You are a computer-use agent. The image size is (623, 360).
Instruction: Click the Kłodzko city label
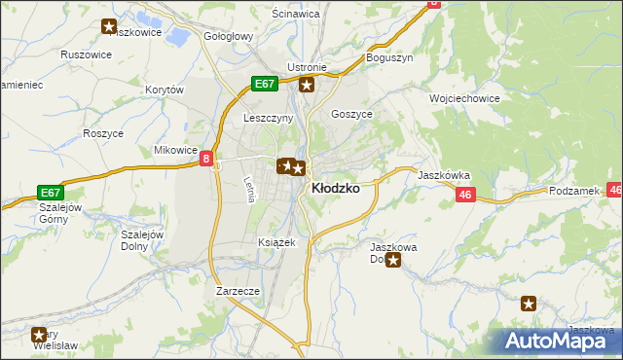335,189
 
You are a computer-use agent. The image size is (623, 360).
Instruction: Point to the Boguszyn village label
389,57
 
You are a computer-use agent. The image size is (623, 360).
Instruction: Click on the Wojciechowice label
464,98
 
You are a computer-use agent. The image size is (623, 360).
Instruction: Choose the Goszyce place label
352,114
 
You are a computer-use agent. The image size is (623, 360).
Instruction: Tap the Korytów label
165,90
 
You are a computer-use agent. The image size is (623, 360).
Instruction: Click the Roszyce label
102,133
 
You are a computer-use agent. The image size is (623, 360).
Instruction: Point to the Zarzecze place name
238,291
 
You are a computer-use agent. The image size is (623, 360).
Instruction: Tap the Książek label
276,241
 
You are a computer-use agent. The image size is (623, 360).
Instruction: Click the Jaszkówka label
445,175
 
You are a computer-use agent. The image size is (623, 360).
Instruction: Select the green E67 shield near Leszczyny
265,85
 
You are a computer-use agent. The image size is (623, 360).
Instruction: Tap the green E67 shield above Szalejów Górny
51,193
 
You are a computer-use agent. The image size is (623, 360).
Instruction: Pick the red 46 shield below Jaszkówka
464,196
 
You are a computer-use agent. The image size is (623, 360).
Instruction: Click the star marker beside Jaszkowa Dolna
393,261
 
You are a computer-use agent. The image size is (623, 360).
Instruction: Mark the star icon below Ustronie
307,86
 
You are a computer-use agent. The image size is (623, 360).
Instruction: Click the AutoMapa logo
562,341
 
